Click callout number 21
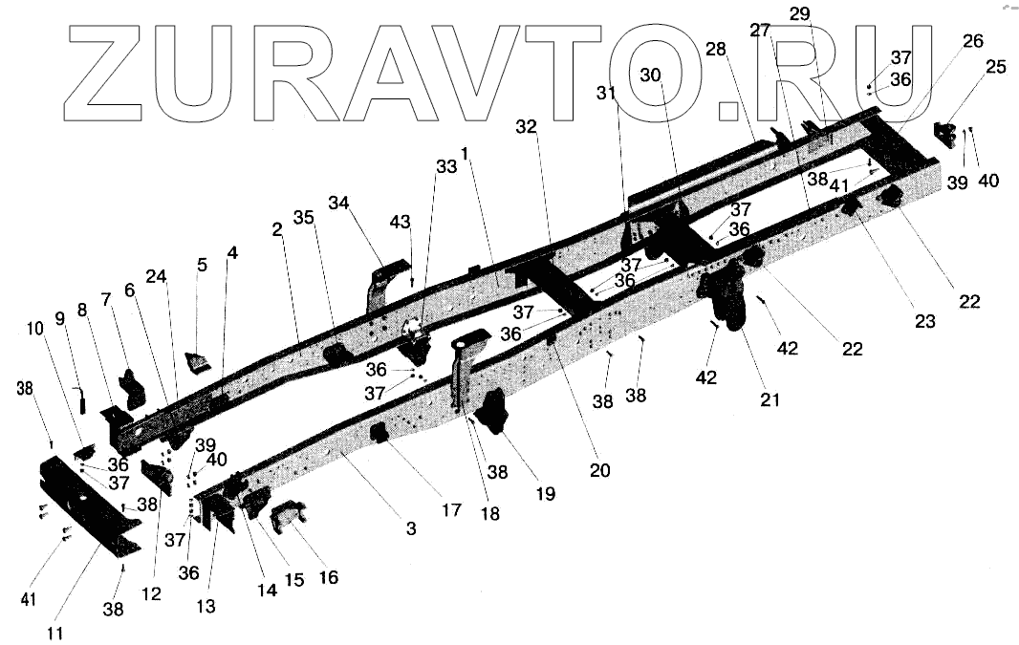click(x=770, y=399)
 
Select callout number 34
click(x=339, y=203)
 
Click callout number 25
click(x=996, y=67)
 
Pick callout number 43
click(x=400, y=222)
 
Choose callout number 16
click(x=328, y=577)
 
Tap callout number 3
click(x=411, y=527)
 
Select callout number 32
click(x=527, y=126)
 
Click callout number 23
click(x=924, y=322)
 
